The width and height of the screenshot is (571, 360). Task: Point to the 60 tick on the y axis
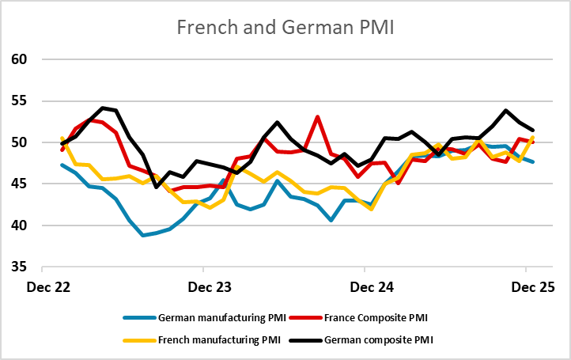pos(19,59)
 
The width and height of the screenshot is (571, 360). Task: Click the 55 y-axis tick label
pos(19,101)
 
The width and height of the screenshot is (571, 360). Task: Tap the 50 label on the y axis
pos(19,142)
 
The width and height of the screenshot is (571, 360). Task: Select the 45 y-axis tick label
pos(19,184)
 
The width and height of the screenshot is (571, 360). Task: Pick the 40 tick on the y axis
pos(19,225)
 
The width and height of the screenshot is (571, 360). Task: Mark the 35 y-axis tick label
pos(19,267)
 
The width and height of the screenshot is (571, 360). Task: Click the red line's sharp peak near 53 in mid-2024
pos(317,117)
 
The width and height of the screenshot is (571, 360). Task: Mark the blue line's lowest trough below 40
pos(143,235)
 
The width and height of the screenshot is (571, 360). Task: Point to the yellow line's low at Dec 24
pos(371,209)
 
